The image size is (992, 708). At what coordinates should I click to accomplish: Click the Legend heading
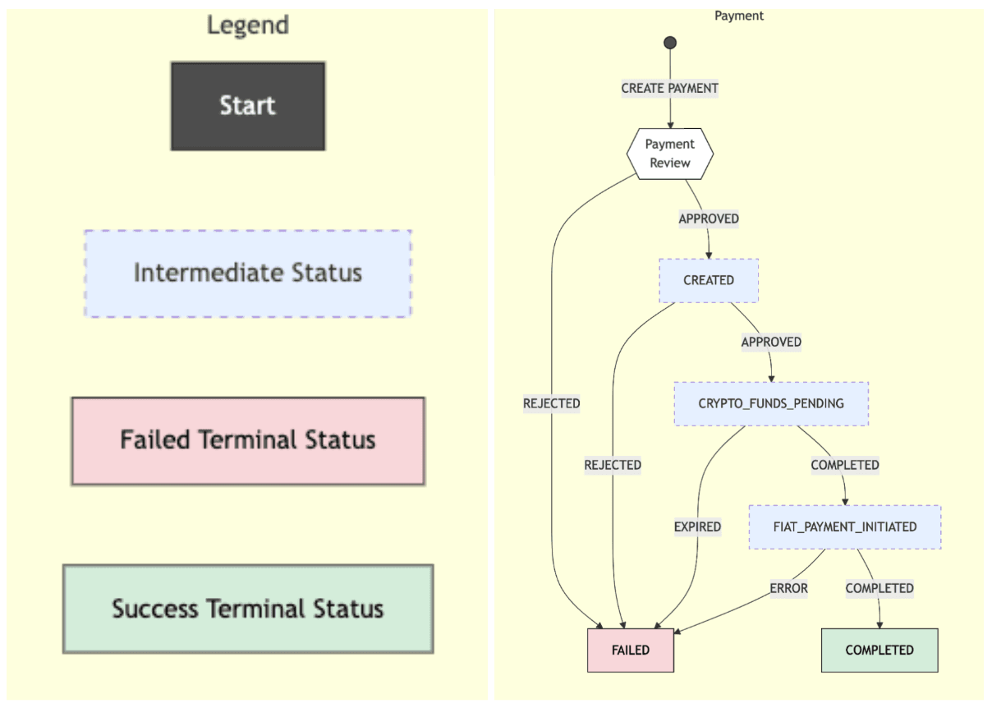click(x=248, y=25)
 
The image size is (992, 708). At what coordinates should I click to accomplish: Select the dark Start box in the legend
click(x=248, y=106)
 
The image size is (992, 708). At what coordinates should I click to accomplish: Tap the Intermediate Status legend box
click(x=248, y=274)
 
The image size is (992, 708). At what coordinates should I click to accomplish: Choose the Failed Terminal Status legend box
click(x=248, y=441)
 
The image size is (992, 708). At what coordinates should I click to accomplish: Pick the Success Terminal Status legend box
click(x=248, y=609)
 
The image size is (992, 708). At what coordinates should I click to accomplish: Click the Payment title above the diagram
click(x=739, y=16)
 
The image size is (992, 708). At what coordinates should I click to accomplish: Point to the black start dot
click(x=670, y=43)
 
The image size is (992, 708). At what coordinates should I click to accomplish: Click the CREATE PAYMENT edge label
click(x=669, y=88)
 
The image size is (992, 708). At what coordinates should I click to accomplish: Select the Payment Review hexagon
click(x=670, y=154)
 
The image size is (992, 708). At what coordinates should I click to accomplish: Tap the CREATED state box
click(x=709, y=280)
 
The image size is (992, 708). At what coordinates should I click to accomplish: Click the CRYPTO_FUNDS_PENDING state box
click(x=771, y=403)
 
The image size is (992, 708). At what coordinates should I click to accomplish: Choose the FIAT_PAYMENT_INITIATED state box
click(x=845, y=526)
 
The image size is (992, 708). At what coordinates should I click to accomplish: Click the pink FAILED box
click(x=631, y=650)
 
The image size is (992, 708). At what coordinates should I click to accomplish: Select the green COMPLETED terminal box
click(x=879, y=650)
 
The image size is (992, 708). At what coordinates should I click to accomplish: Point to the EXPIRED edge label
click(x=697, y=526)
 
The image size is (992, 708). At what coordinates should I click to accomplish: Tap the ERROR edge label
click(x=788, y=588)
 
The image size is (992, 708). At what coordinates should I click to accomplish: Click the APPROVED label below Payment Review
click(x=709, y=218)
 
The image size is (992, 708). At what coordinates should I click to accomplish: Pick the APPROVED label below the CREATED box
click(x=771, y=342)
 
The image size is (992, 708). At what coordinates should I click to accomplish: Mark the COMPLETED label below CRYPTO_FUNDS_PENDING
click(x=845, y=465)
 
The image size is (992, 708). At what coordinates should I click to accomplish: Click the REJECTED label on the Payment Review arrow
click(x=551, y=403)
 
